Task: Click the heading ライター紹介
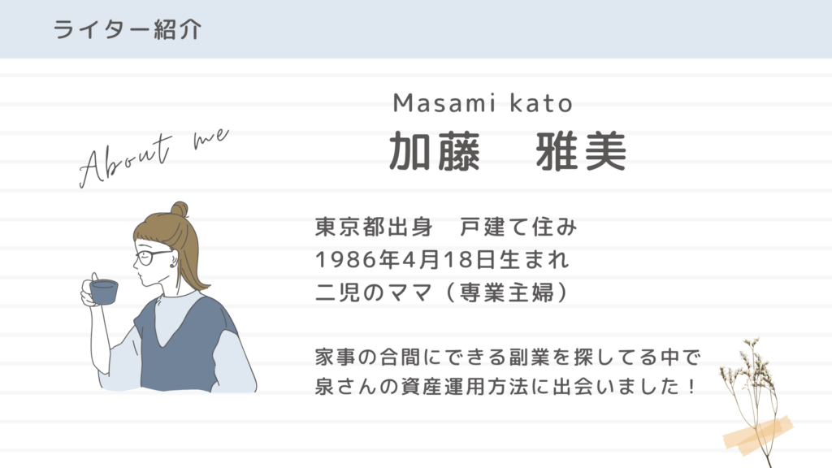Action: [x=128, y=29]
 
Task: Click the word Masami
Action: [x=444, y=103]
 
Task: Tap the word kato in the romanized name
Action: [x=541, y=103]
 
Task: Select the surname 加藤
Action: [x=435, y=152]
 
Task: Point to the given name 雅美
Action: [x=581, y=152]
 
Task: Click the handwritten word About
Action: [x=125, y=161]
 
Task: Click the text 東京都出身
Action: [x=374, y=227]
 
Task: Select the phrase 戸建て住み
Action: [x=518, y=227]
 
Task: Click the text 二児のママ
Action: [x=374, y=292]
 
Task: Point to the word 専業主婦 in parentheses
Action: [x=507, y=292]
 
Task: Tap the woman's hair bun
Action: [x=179, y=209]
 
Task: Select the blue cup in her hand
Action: [x=103, y=292]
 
